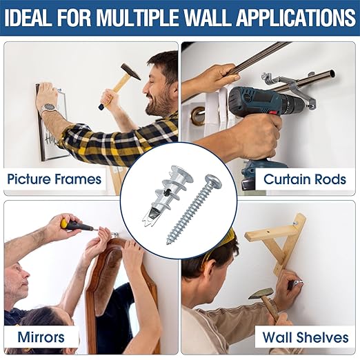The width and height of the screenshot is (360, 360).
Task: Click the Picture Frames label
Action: (x=54, y=180)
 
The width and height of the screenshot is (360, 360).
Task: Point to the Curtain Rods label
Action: (x=304, y=180)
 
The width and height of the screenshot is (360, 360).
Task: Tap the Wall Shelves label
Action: (x=304, y=337)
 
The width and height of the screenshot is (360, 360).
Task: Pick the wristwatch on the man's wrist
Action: (x=47, y=109)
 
